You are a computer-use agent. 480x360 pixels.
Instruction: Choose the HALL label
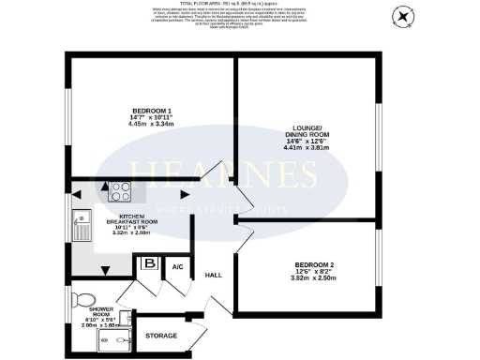[213, 275]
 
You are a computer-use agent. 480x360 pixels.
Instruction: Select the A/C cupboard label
[177, 267]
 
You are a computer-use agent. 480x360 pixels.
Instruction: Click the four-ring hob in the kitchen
[120, 190]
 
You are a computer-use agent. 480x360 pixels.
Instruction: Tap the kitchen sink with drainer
[81, 225]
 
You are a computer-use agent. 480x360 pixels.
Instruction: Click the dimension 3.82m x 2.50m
[306, 279]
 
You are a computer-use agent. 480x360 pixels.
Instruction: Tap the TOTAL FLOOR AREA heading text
[240, 5]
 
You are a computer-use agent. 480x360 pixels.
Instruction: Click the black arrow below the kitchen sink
[105, 271]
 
